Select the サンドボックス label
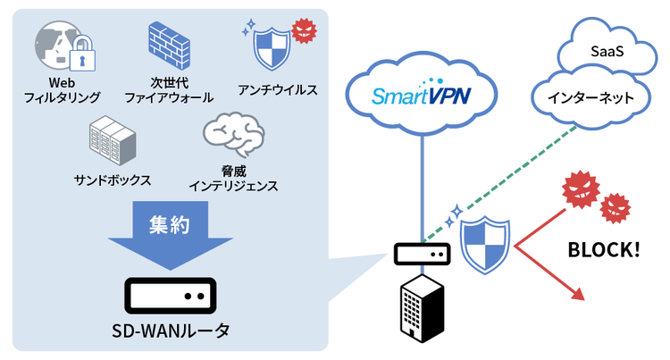[112, 179]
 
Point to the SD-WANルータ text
[170, 331]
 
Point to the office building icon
[420, 307]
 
